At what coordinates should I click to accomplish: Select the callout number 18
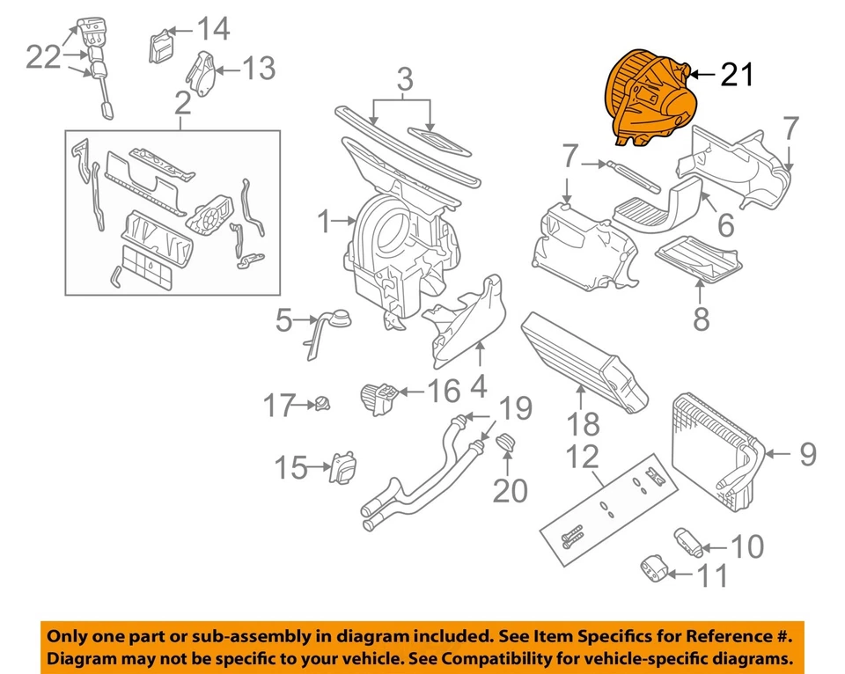(x=583, y=427)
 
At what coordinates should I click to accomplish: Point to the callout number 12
(x=582, y=457)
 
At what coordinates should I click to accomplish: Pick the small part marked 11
(x=653, y=568)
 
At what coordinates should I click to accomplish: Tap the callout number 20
(x=510, y=489)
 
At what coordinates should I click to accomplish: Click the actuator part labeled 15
(x=342, y=467)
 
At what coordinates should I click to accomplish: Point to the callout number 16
(x=443, y=389)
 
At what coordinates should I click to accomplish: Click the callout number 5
(x=283, y=321)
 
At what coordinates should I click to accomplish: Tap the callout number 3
(x=404, y=81)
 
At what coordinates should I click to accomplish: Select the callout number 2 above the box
(x=182, y=105)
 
